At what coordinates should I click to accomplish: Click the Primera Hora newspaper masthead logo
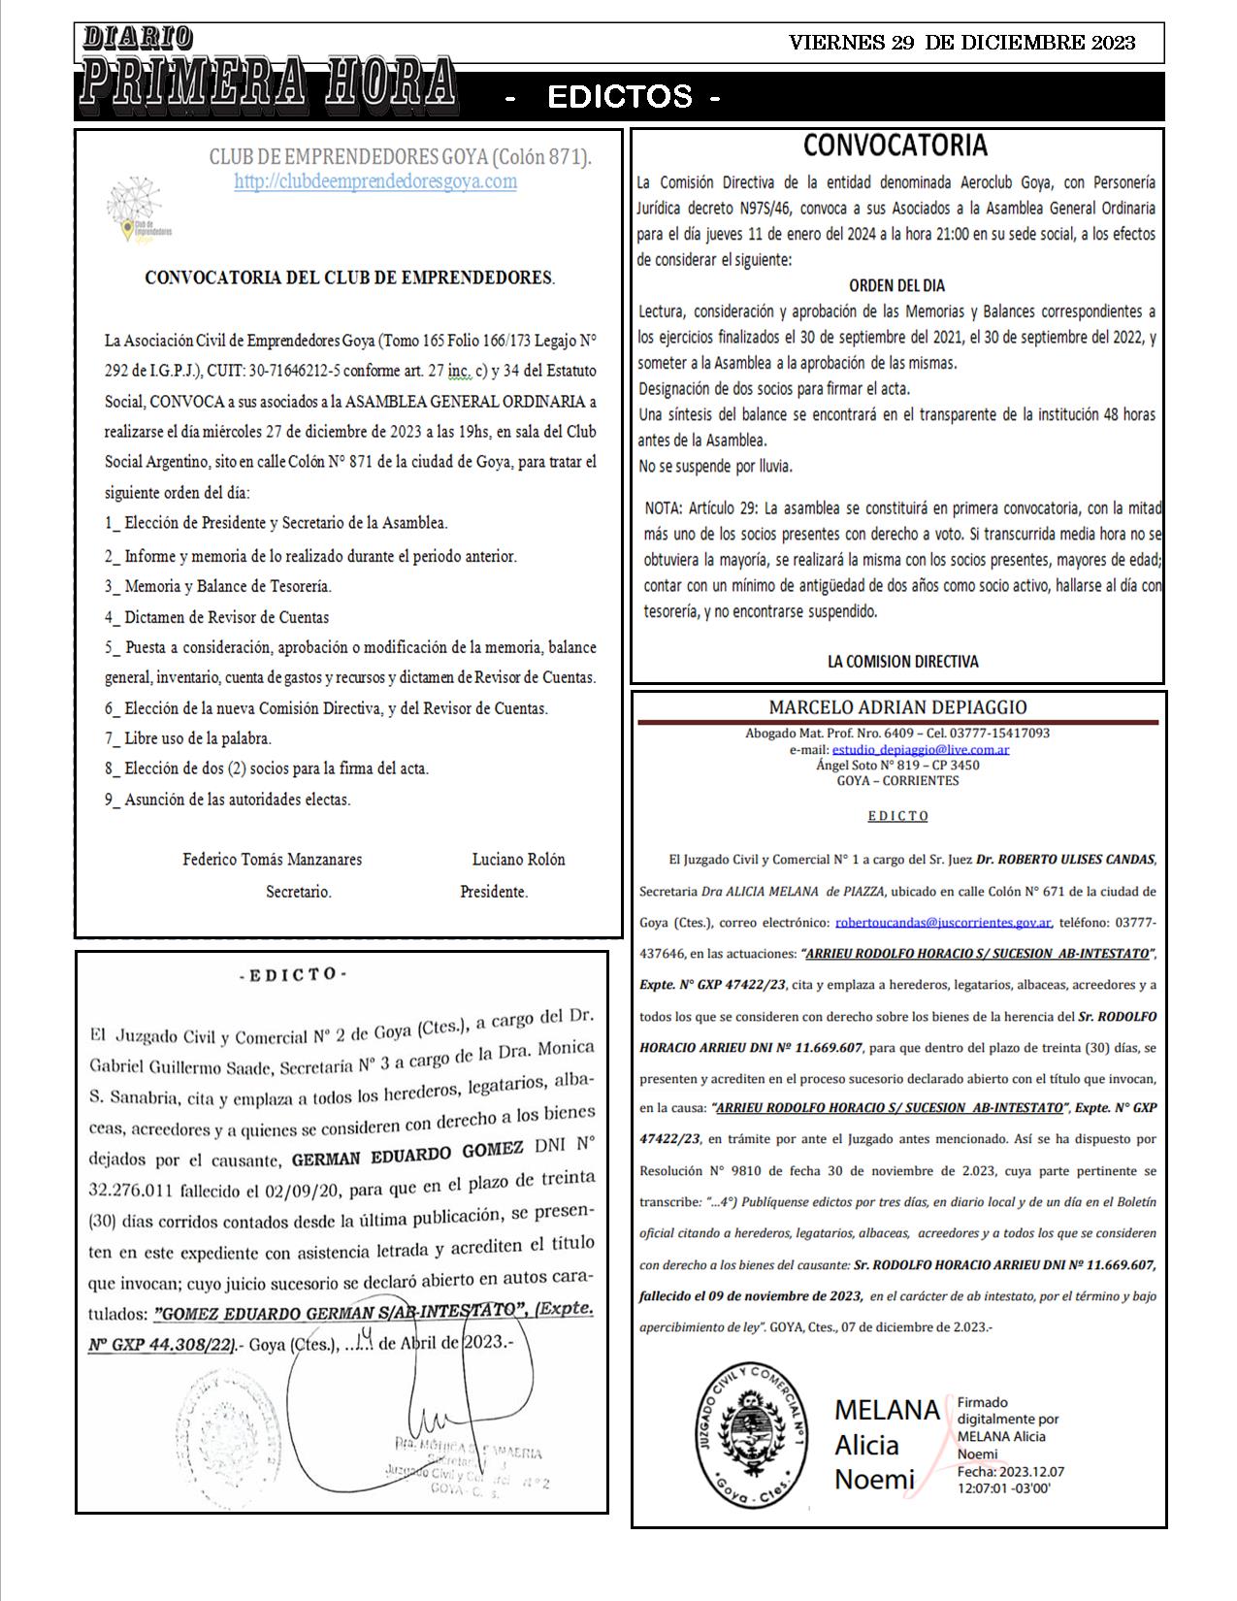click(x=267, y=70)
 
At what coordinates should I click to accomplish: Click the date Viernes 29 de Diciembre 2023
click(x=961, y=43)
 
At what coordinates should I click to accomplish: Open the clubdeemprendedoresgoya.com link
click(x=375, y=181)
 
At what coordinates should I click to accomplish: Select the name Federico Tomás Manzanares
click(x=273, y=860)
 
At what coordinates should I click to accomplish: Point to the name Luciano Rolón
click(x=518, y=860)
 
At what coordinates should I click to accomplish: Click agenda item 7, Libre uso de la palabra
click(x=188, y=738)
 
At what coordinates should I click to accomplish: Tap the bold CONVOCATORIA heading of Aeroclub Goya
click(x=895, y=146)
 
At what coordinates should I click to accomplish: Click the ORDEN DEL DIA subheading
click(x=896, y=286)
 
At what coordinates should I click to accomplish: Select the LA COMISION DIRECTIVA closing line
click(x=902, y=662)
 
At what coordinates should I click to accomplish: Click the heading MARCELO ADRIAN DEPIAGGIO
click(x=897, y=708)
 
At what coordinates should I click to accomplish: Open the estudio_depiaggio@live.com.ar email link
click(x=921, y=750)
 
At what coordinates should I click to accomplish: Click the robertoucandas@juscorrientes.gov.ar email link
click(x=943, y=923)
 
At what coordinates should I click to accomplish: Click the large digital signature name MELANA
click(x=887, y=1410)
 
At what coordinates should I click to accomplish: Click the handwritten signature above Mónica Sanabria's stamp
click(x=456, y=1397)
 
